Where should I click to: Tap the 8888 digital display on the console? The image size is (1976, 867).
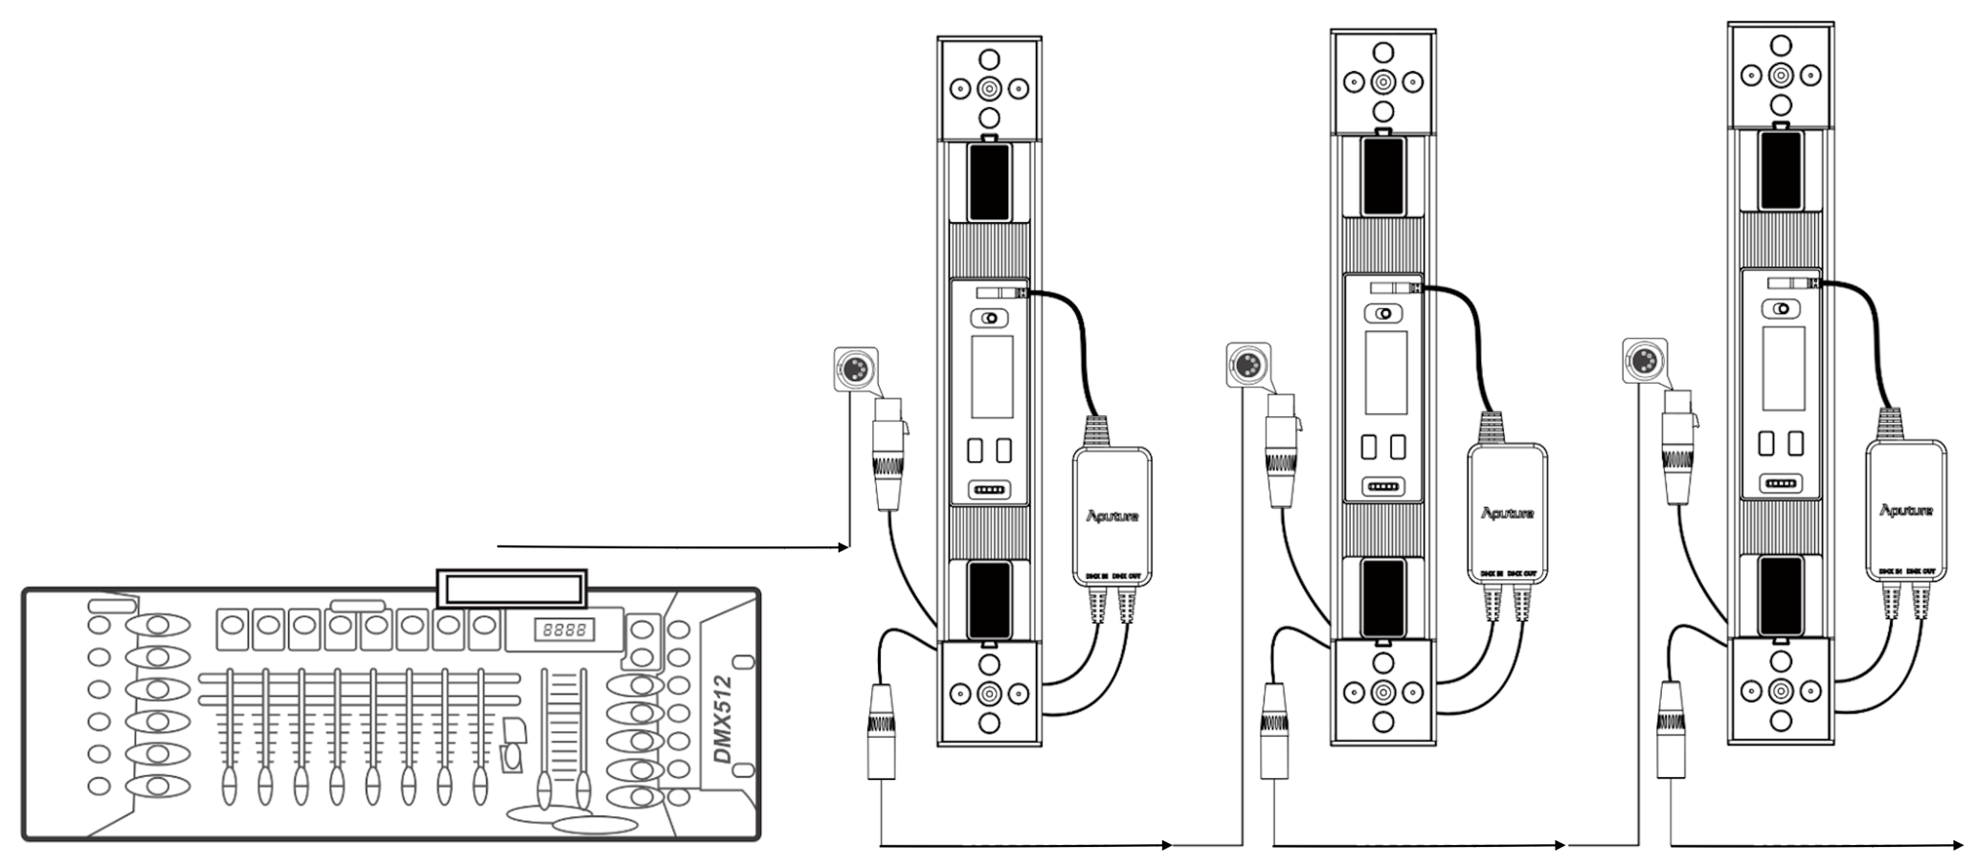(x=564, y=631)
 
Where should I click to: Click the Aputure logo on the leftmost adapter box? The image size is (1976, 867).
(x=1111, y=517)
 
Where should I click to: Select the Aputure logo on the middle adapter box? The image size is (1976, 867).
(x=1507, y=514)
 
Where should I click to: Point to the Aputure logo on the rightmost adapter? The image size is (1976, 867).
(x=1905, y=510)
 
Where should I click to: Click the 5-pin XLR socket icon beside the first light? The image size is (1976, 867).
(x=852, y=368)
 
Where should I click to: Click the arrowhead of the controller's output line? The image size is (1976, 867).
(x=844, y=547)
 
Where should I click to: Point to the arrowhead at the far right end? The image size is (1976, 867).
(x=1957, y=845)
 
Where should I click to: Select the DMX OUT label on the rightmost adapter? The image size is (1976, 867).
(x=1920, y=571)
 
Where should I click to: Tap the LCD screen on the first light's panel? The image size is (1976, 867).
(x=992, y=376)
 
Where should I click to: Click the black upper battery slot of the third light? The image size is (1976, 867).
(x=1778, y=170)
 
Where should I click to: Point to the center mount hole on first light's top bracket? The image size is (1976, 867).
(x=989, y=91)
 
